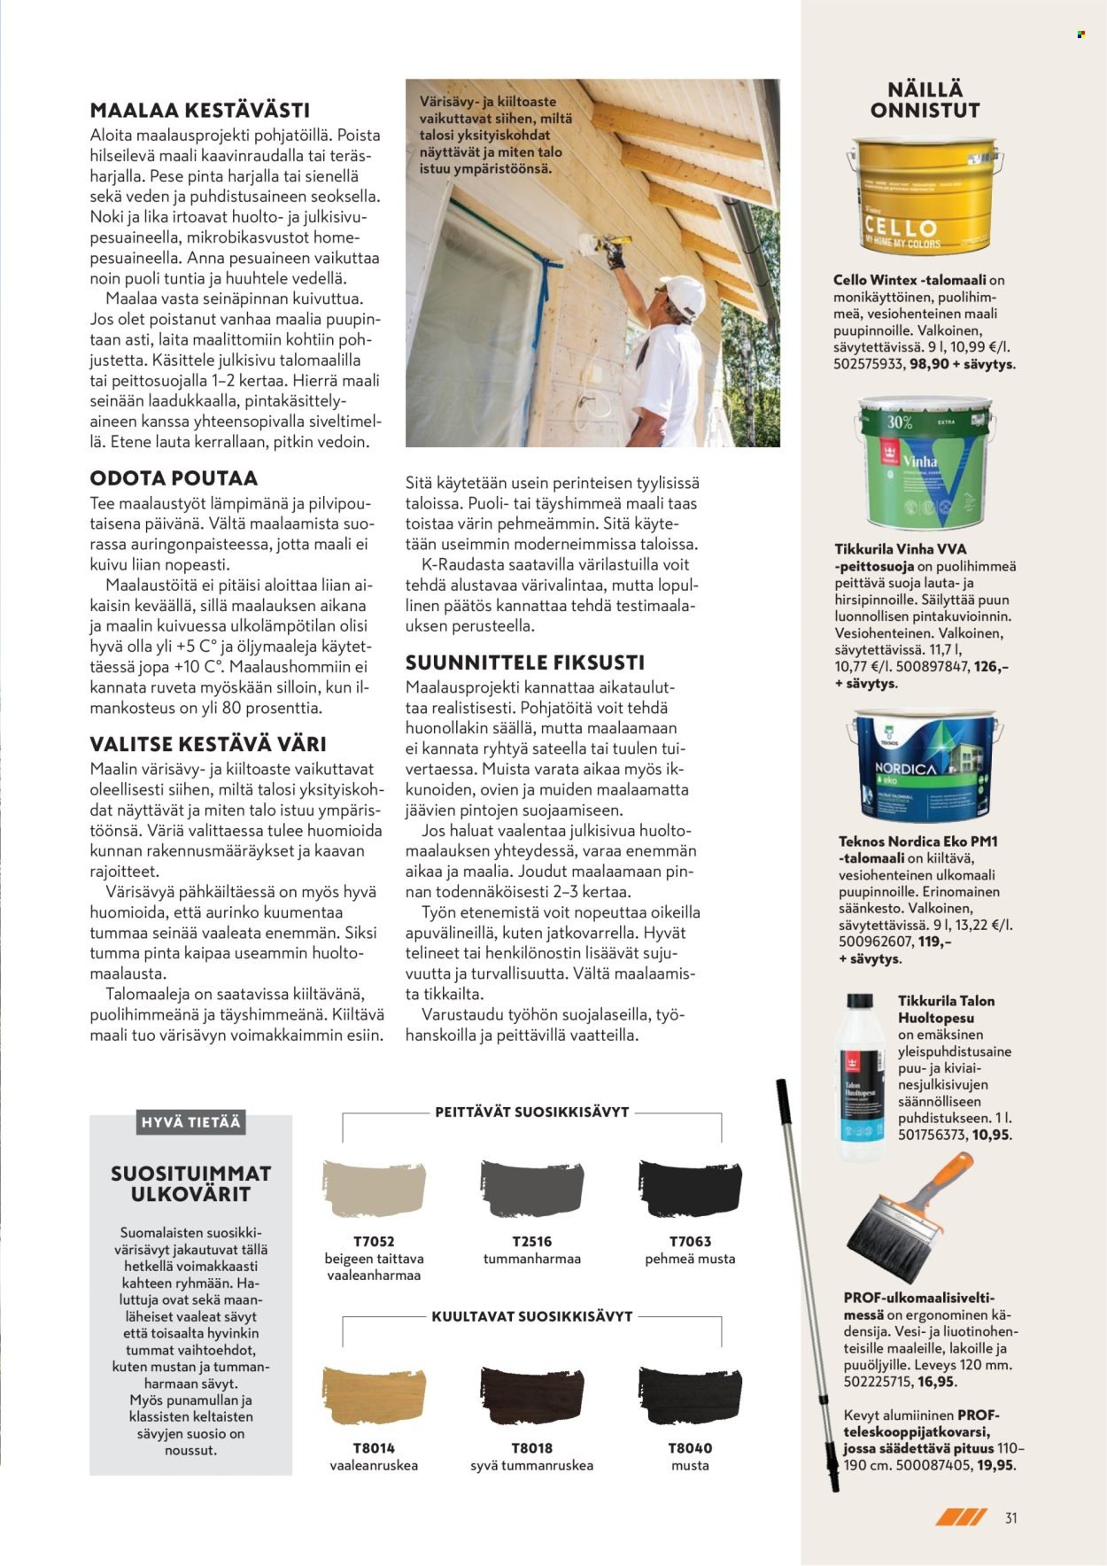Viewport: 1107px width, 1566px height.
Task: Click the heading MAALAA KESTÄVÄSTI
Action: click(x=200, y=111)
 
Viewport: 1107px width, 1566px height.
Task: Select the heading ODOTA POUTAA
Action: click(x=174, y=478)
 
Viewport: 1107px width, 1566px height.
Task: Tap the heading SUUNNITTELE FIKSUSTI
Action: click(x=524, y=663)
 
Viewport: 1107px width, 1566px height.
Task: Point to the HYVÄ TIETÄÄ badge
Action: click(x=190, y=1122)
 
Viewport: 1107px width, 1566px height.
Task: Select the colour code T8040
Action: click(x=690, y=1448)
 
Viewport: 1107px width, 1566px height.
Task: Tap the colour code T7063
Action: click(x=690, y=1242)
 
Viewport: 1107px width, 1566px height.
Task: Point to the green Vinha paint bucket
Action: click(x=924, y=463)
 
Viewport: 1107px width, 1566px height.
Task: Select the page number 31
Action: click(x=1010, y=1518)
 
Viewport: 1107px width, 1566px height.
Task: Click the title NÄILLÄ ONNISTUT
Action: click(x=925, y=100)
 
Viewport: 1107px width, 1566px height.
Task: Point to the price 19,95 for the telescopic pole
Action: click(x=996, y=1465)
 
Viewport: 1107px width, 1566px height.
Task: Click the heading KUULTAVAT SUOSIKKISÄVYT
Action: click(x=532, y=1316)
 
